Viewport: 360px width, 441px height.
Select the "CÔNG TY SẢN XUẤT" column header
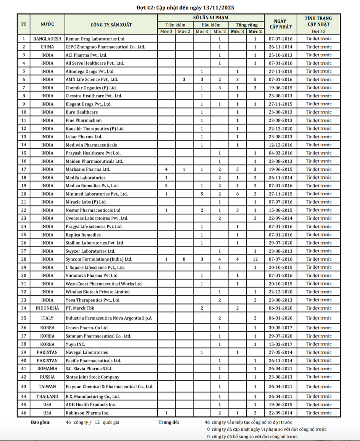(x=111, y=25)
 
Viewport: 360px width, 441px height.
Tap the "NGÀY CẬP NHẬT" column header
(x=280, y=24)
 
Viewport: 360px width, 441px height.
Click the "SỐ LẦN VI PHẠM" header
(x=210, y=18)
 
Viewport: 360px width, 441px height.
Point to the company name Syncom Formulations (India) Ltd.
(x=99, y=259)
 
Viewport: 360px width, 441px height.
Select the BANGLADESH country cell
(x=47, y=39)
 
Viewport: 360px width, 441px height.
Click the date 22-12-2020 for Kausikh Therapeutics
(x=280, y=128)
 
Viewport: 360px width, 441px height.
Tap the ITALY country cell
(x=47, y=318)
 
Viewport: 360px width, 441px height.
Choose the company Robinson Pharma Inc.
(x=87, y=413)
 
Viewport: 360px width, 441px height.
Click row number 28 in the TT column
(x=24, y=259)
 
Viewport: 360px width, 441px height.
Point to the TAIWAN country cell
(x=47, y=386)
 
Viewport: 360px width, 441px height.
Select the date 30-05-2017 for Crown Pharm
(x=280, y=328)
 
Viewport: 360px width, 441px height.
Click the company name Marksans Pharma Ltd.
(x=88, y=169)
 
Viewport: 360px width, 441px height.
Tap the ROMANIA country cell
(x=47, y=369)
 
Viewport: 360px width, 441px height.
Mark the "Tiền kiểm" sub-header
(x=175, y=25)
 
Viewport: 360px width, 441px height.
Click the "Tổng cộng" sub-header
(x=246, y=25)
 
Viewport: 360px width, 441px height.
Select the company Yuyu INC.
(x=75, y=344)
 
